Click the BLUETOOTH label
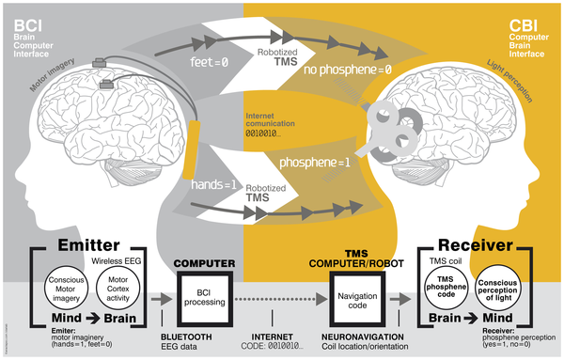pos(202,336)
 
